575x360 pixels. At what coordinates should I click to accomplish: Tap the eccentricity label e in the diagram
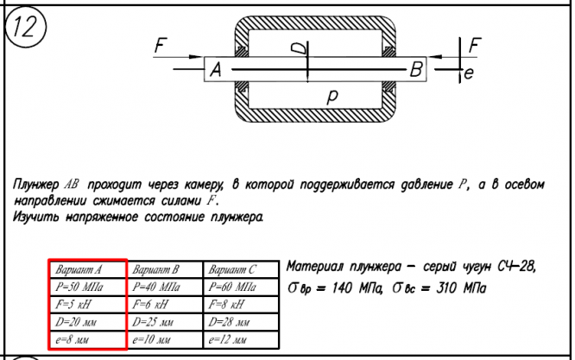[x=468, y=75]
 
